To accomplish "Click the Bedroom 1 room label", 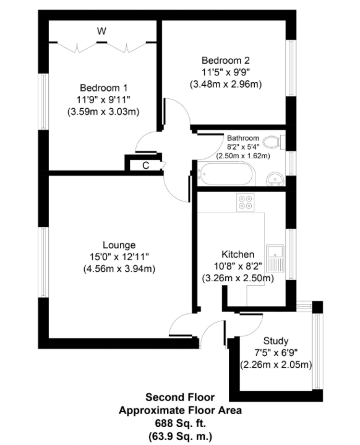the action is click(103, 88).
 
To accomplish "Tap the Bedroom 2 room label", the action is click(226, 61).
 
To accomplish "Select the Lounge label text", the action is click(119, 245).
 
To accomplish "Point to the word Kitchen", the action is click(238, 254).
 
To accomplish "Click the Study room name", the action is click(276, 341).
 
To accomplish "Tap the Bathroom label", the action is click(243, 138).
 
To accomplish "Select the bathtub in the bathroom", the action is click(226, 174).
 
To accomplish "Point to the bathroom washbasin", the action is click(275, 179).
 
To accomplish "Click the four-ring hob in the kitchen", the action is click(245, 202).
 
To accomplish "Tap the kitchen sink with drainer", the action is click(275, 258).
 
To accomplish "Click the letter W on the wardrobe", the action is click(101, 31).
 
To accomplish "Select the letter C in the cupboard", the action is click(145, 166).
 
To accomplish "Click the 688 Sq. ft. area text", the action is click(180, 423).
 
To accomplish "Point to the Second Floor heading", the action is click(180, 397).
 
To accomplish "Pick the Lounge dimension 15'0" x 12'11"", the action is click(119, 257).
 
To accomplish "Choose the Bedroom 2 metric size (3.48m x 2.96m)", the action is click(226, 84).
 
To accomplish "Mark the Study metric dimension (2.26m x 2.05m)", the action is click(276, 365).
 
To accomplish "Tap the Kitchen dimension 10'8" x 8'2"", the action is click(238, 266).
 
